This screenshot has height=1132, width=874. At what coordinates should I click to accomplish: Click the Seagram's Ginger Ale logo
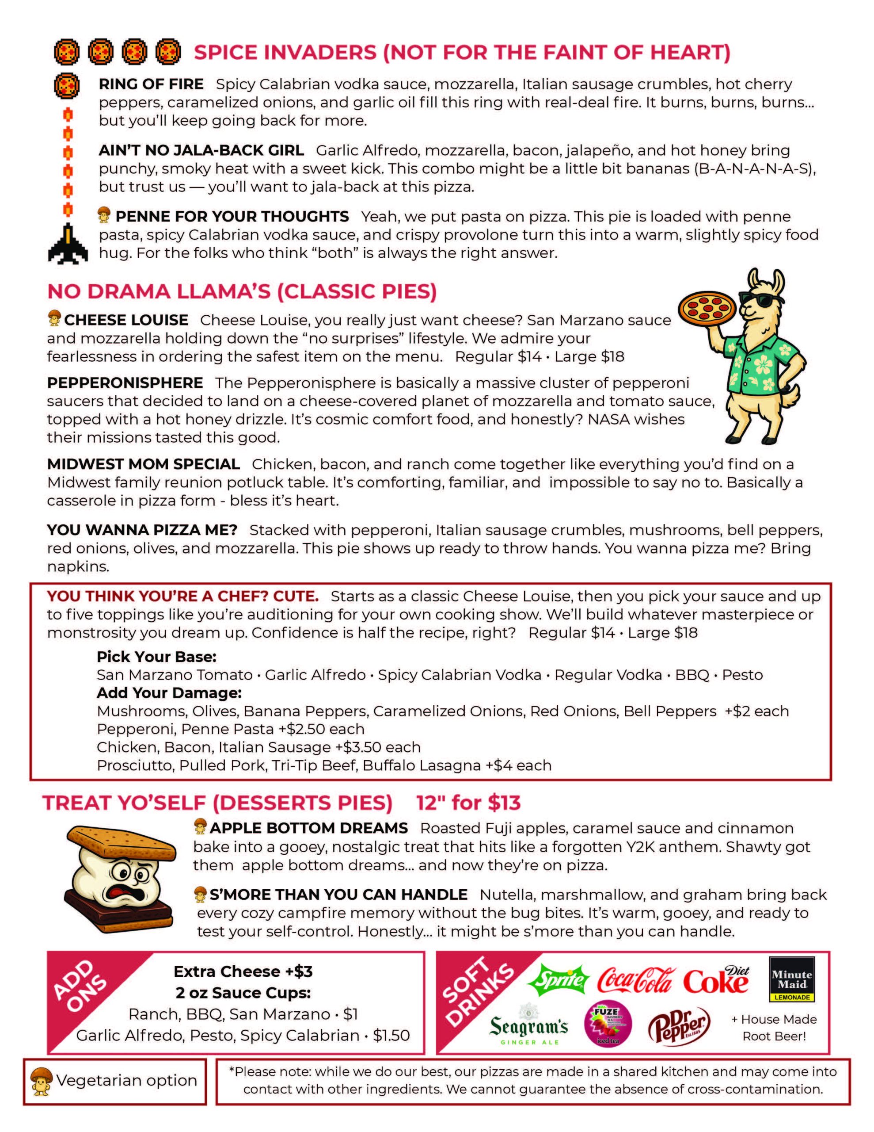[x=529, y=1027]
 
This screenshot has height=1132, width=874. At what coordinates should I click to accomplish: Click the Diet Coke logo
[x=717, y=979]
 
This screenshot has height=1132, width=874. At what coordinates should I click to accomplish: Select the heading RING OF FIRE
[x=151, y=84]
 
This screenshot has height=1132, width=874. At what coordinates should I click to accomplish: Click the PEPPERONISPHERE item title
[x=125, y=383]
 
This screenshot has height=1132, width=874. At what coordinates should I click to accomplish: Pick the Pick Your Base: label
[x=156, y=657]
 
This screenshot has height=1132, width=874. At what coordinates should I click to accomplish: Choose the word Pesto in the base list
[x=742, y=675]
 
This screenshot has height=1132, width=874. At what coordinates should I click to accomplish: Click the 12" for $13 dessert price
[x=468, y=803]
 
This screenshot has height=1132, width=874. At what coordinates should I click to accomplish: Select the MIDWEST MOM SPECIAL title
[x=144, y=464]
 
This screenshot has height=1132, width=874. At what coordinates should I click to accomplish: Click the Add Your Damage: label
[x=169, y=692]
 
